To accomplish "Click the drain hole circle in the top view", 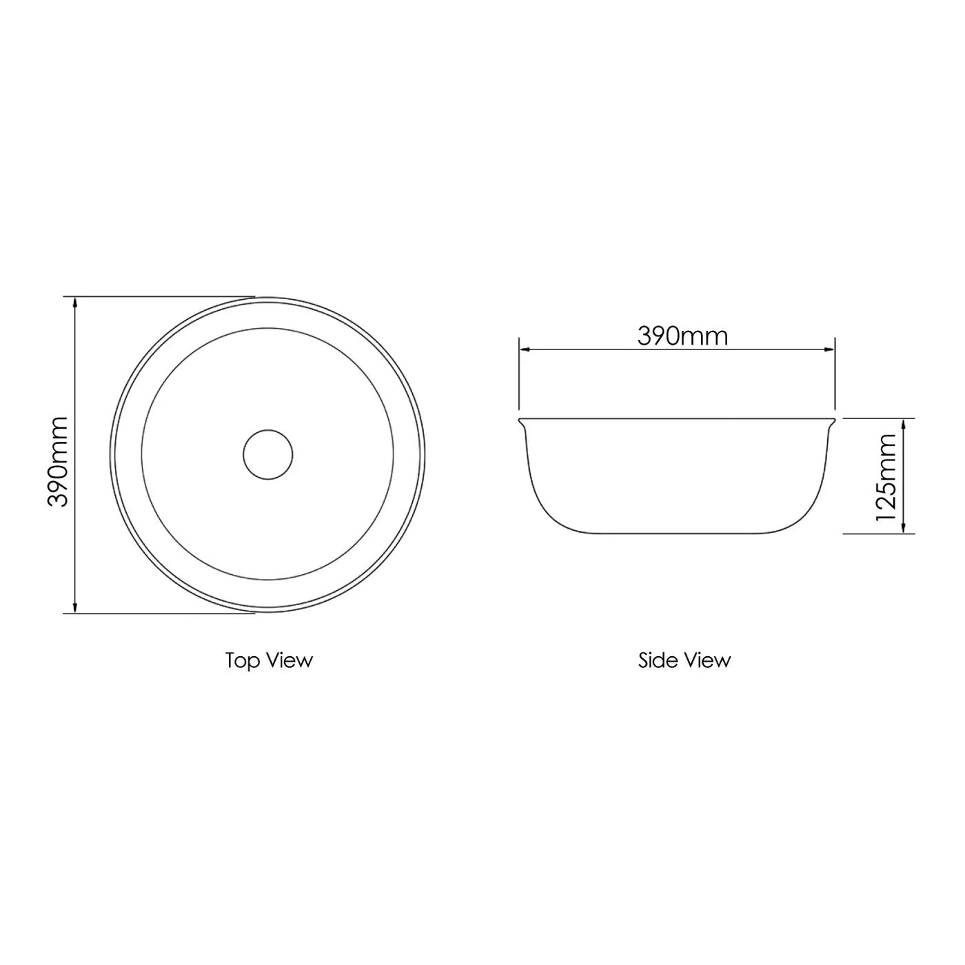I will click(x=268, y=454).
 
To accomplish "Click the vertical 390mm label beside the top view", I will click(x=58, y=461).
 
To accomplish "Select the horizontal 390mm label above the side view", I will click(x=682, y=336).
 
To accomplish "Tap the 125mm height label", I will click(x=885, y=476).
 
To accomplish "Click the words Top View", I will click(x=269, y=660).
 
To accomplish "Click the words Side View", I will click(x=684, y=660).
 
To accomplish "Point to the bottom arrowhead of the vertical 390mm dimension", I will click(x=74, y=607).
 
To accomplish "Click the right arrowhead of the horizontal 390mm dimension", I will click(x=830, y=350).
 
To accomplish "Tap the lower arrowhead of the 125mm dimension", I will click(x=904, y=529).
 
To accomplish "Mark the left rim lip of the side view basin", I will click(x=521, y=420).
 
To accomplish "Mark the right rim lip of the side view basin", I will click(x=833, y=420).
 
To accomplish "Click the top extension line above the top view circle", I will click(x=165, y=296).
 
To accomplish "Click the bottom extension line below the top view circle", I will click(x=165, y=613).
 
